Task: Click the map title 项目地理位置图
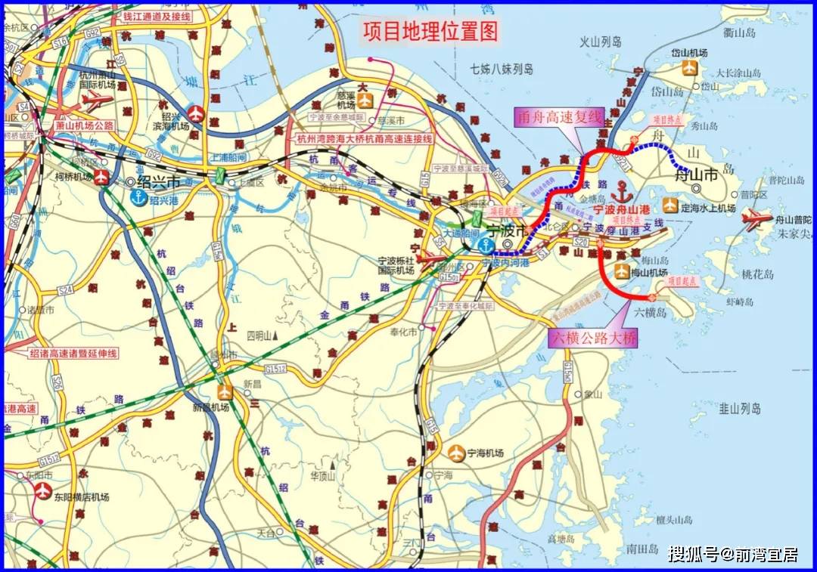tap(431, 31)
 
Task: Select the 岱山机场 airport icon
tap(689, 68)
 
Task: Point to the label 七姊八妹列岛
tap(501, 69)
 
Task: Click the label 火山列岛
tap(600, 42)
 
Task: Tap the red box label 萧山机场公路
tap(84, 125)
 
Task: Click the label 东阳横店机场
tap(81, 497)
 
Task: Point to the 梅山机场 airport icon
tap(622, 272)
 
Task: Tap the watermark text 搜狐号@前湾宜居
tap(732, 555)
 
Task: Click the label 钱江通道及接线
tap(157, 15)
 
